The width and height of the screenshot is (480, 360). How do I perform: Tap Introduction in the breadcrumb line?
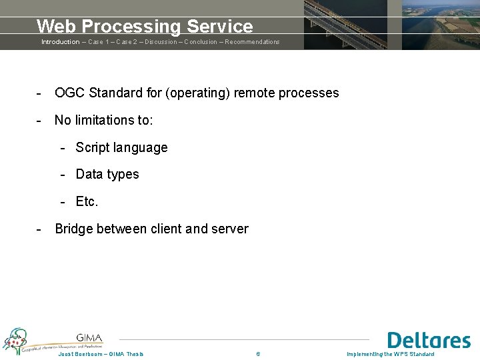coord(60,42)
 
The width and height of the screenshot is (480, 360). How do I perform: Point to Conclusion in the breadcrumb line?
coord(201,42)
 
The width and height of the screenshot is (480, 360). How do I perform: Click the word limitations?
coord(103,120)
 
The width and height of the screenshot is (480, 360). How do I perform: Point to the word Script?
coord(93,147)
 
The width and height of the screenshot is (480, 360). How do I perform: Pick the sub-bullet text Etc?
coord(87,201)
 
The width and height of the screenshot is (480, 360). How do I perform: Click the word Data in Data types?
coord(89,175)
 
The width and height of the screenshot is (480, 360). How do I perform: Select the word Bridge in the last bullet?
coord(74,229)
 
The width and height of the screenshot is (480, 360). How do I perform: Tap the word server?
coord(230,229)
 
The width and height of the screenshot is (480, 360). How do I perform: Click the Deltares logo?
coord(428,340)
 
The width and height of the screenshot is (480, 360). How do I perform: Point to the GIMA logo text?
coord(89,337)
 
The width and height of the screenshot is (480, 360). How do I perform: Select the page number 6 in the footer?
coord(258,353)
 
